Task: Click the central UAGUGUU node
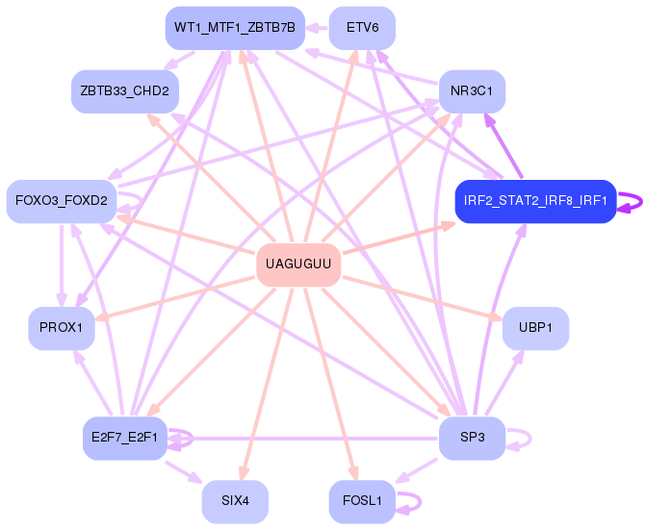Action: coord(298,264)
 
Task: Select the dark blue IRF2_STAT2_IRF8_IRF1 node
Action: coord(534,201)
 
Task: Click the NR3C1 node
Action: coord(472,90)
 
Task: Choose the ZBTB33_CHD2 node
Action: coord(125,90)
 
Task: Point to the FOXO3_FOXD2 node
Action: coord(62,201)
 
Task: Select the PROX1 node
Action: coord(62,328)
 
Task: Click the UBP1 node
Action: coord(535,328)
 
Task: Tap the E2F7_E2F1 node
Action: coord(125,439)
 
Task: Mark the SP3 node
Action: coord(472,439)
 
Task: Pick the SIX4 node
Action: coord(235,501)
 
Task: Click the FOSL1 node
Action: coord(362,501)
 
